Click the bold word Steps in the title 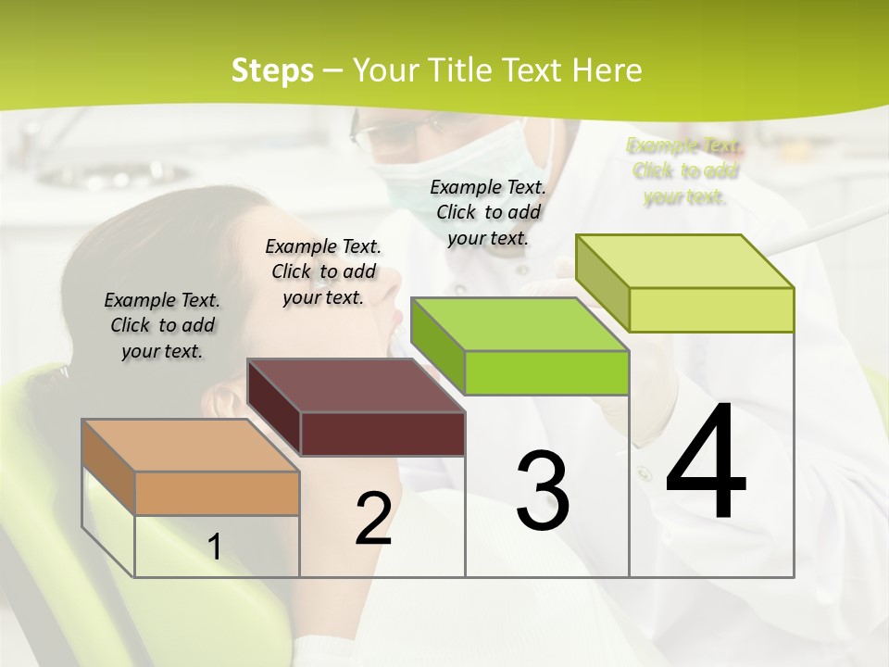(272, 70)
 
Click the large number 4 (706, 463)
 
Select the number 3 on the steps (543, 491)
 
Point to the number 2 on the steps (373, 519)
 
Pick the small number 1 (214, 547)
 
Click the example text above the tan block (162, 325)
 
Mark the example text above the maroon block (323, 271)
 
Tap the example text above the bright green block (488, 212)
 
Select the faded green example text (684, 170)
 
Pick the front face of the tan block (217, 493)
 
